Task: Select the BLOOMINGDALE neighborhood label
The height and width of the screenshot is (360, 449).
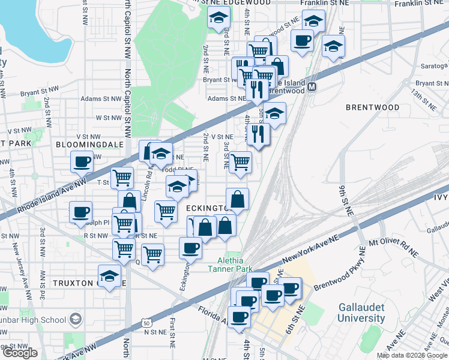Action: point(89,145)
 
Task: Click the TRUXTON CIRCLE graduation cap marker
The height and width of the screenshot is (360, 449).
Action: point(109,277)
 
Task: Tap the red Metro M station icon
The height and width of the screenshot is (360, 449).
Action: point(312,88)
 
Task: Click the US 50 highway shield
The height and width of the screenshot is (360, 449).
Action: point(146,323)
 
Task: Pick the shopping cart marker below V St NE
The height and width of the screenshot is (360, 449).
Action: point(240,161)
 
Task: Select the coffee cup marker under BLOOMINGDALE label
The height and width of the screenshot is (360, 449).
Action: point(82,161)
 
